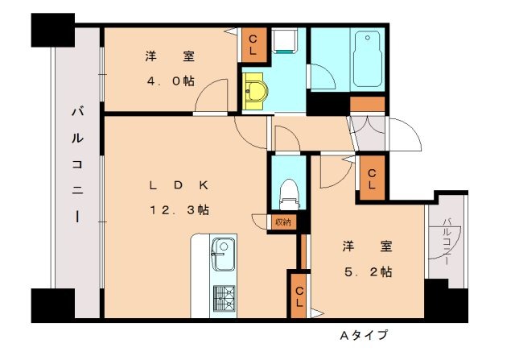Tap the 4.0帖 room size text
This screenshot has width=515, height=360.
[170, 81]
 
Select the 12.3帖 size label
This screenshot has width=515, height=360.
[179, 209]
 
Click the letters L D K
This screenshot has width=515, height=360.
[178, 184]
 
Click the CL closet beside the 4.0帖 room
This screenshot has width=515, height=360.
[253, 44]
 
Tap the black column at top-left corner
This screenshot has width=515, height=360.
[52, 30]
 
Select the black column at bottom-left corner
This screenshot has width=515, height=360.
[52, 305]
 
